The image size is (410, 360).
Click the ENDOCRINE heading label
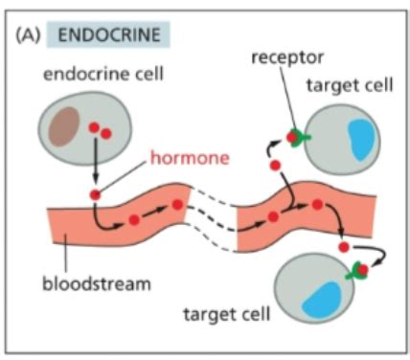pyautogui.click(x=109, y=34)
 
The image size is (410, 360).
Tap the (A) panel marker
pyautogui.click(x=28, y=34)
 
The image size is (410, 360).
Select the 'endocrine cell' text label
pyautogui.click(x=103, y=74)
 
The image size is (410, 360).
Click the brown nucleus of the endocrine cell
pyautogui.click(x=64, y=126)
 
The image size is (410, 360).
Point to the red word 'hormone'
pyautogui.click(x=190, y=158)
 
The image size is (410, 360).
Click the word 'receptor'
pyautogui.click(x=287, y=57)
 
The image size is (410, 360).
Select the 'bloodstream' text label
pyautogui.click(x=97, y=283)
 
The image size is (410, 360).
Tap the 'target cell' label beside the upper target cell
pyautogui.click(x=350, y=85)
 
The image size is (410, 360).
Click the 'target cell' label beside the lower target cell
pyautogui.click(x=227, y=314)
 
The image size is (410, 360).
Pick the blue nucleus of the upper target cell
pyautogui.click(x=361, y=139)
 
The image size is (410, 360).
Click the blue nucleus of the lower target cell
pyautogui.click(x=322, y=301)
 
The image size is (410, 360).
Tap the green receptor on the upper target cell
pyautogui.click(x=299, y=138)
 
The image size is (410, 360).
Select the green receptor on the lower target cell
pyautogui.click(x=357, y=271)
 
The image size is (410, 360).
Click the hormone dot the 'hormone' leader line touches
pyautogui.click(x=95, y=194)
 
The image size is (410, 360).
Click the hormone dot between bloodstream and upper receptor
pyautogui.click(x=275, y=166)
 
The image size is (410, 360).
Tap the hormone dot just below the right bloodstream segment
pyautogui.click(x=344, y=247)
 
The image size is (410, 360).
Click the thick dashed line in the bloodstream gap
pyautogui.click(x=213, y=219)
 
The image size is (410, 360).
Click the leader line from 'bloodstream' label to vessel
pyautogui.click(x=66, y=255)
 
